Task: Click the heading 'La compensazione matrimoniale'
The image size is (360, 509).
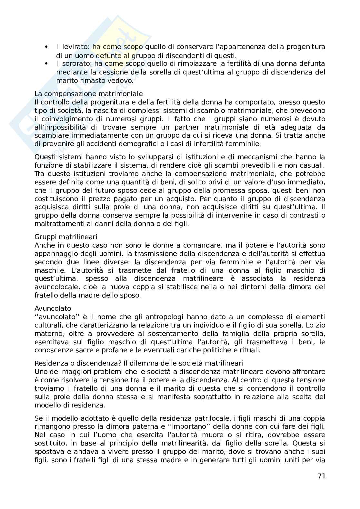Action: point(88,94)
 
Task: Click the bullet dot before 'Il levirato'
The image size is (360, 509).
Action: point(47,47)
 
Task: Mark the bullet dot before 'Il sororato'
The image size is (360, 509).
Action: point(47,64)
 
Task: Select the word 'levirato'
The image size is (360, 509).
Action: point(75,47)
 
